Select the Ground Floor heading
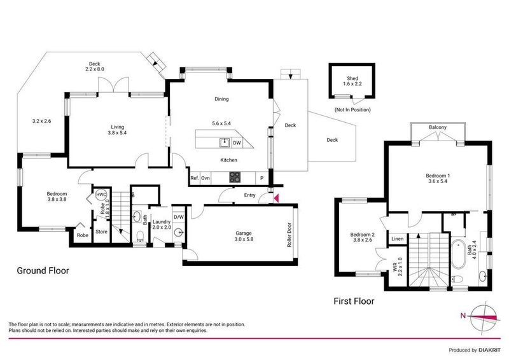[43, 270]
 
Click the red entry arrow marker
[275, 198]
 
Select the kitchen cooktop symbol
[234, 177]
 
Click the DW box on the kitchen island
[237, 142]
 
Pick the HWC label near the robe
[101, 195]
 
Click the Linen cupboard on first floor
[397, 239]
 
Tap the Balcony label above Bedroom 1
[437, 128]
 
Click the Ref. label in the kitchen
[195, 177]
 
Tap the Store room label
[101, 232]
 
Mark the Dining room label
[221, 99]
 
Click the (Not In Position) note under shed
[352, 110]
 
